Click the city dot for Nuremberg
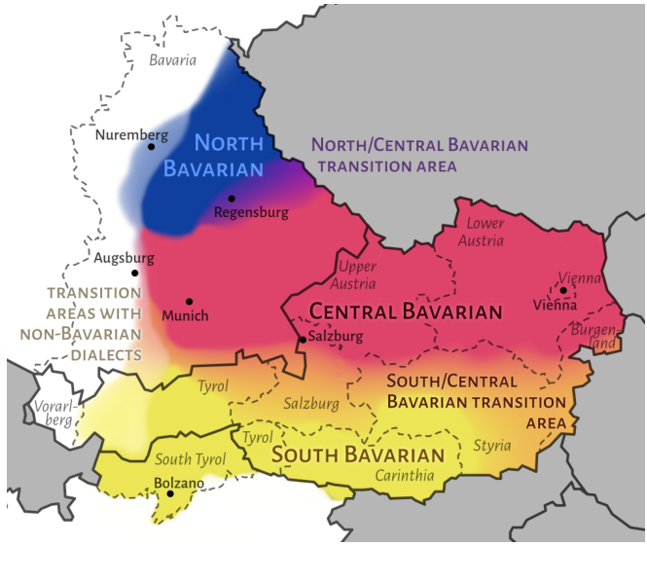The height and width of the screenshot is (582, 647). [x=152, y=147]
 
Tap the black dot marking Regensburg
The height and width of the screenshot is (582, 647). [x=232, y=199]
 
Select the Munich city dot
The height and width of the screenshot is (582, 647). [x=189, y=302]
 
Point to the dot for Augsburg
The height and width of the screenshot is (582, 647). [x=135, y=273]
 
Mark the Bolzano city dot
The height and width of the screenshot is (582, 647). [x=171, y=493]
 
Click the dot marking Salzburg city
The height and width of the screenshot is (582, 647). [x=303, y=340]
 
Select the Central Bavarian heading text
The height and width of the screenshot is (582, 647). [x=405, y=312]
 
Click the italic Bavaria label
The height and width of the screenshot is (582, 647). [x=173, y=59]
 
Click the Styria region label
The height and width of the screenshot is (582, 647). [x=491, y=446]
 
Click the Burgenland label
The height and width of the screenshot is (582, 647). [x=593, y=337]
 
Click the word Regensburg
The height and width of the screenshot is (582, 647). [x=251, y=212]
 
